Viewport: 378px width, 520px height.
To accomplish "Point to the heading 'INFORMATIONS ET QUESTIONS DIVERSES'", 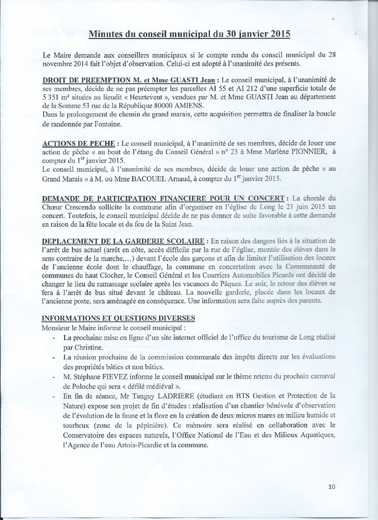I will click(x=118, y=318).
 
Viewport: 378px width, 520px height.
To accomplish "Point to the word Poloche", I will click(x=81, y=384).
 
